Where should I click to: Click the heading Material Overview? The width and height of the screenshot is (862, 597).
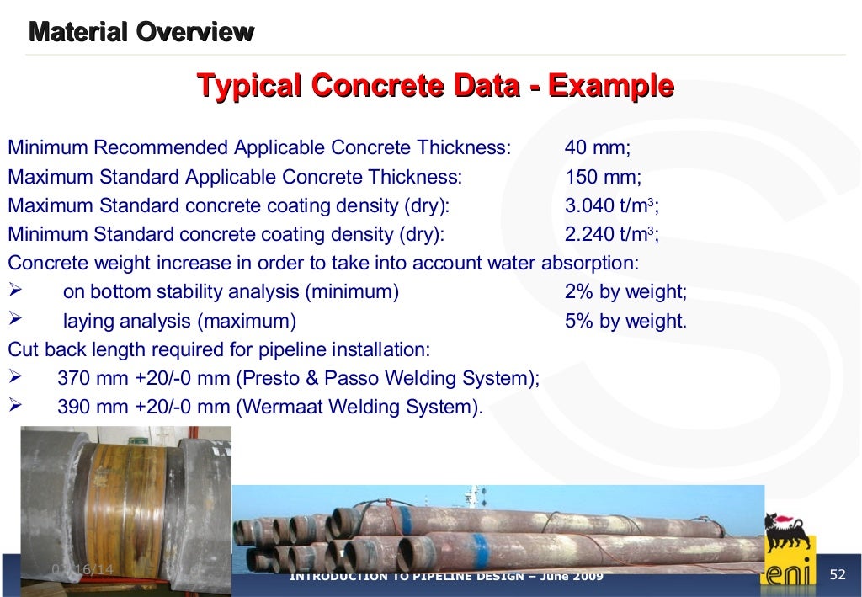141,33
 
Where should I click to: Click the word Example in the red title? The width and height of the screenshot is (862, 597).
611,86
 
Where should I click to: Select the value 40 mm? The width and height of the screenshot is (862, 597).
597,148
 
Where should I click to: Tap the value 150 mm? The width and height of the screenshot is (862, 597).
602,178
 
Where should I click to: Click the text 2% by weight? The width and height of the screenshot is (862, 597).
625,292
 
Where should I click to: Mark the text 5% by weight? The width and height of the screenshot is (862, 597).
625,321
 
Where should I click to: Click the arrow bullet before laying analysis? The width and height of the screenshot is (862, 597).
14,320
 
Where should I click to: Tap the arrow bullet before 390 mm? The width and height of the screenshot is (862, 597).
14,406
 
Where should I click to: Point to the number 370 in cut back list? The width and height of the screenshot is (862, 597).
73,379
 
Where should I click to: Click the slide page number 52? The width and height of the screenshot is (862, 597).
837,575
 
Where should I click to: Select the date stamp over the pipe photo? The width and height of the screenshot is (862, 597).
82,570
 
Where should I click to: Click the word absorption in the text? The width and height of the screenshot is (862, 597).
589,264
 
